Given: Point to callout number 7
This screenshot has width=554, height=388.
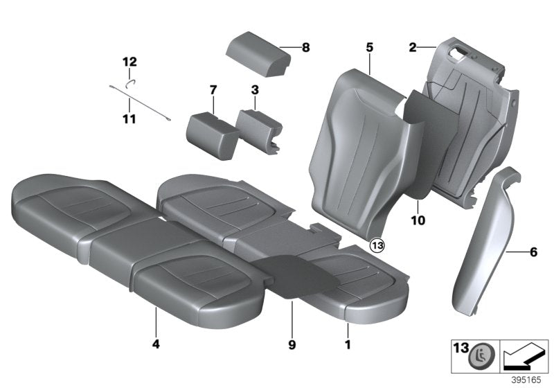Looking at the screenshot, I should coord(213,89).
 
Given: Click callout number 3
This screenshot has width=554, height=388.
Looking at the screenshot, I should coord(255,89).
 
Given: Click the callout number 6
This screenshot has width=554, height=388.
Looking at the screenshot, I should coord(533,252).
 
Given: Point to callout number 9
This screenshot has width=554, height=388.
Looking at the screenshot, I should coord(293,343).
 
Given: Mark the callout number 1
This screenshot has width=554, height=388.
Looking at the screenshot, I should coord(348,343).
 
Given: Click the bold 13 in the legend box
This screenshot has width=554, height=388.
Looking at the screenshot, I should coord(459,351).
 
